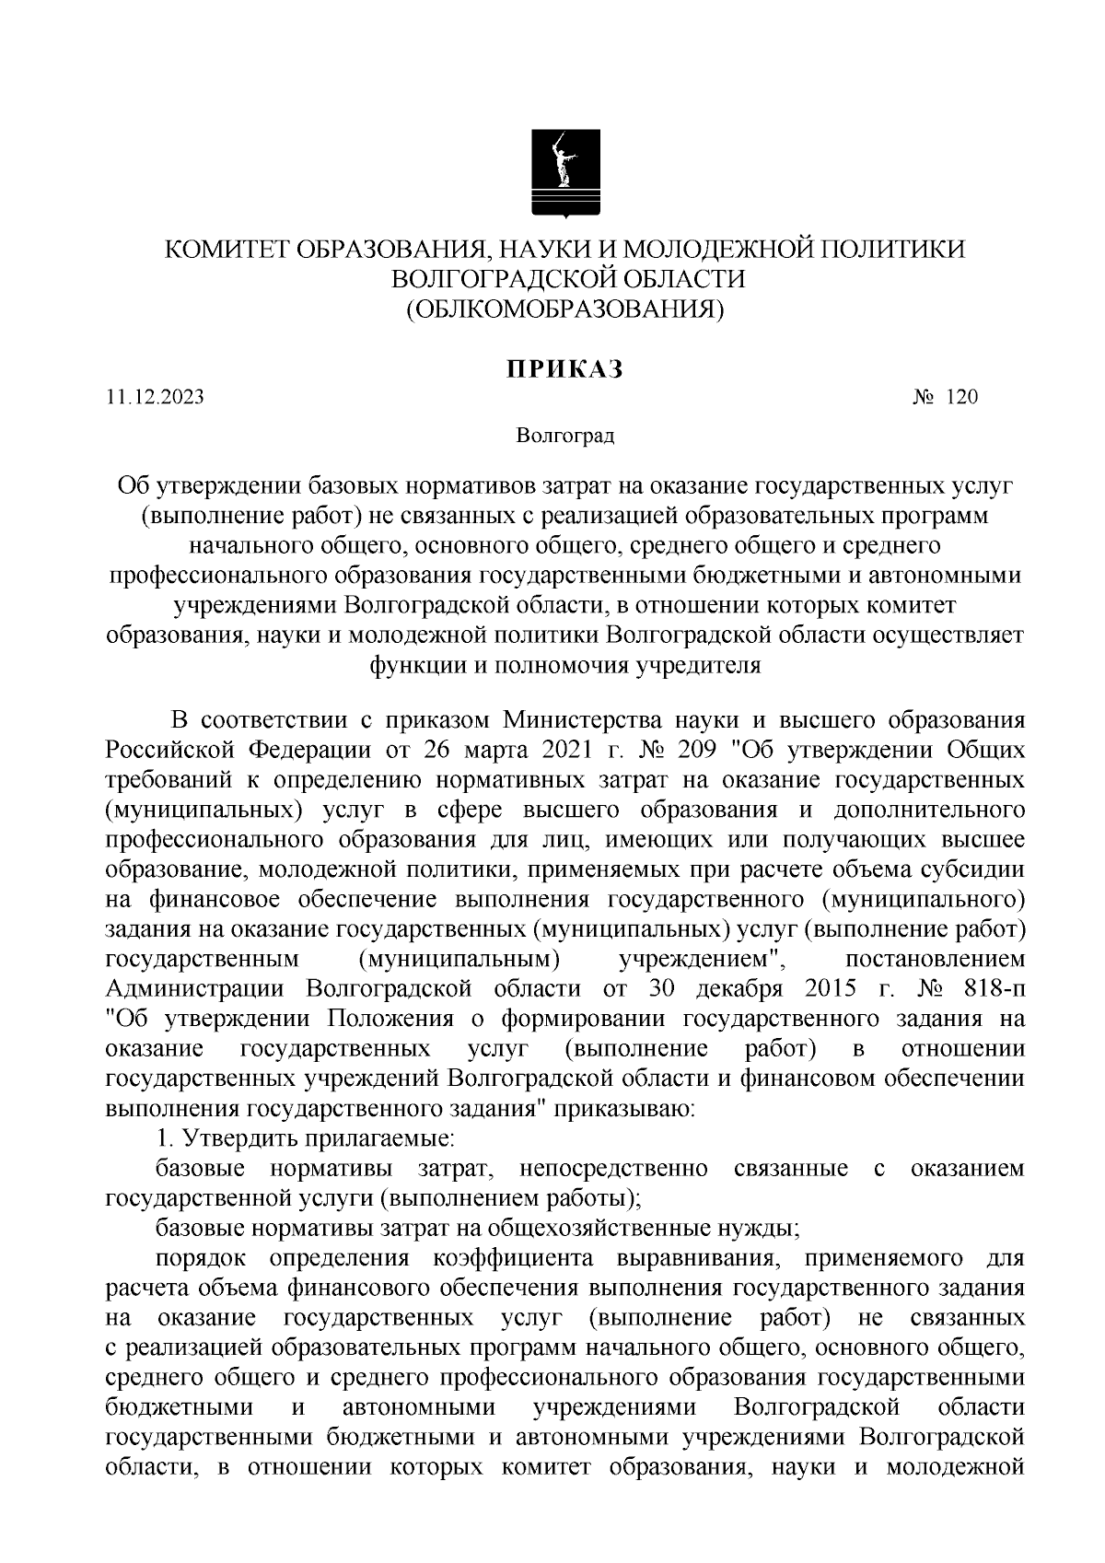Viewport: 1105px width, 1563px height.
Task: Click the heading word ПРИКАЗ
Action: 564,369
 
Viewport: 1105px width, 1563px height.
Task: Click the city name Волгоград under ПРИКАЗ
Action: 564,435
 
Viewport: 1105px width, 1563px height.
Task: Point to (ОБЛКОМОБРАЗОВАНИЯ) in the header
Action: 565,309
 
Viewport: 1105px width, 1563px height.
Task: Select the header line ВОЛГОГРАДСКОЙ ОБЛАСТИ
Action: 565,279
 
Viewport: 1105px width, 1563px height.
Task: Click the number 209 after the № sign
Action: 697,751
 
